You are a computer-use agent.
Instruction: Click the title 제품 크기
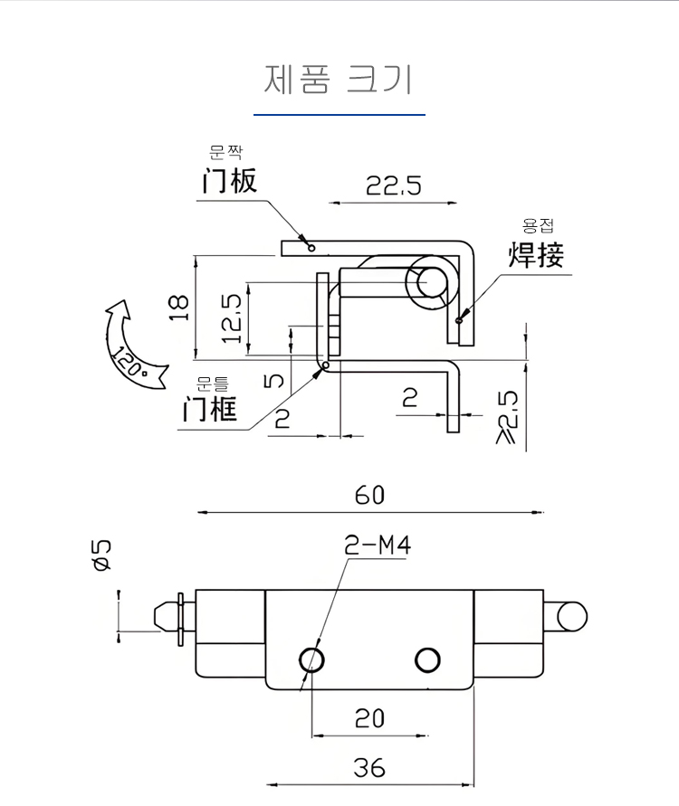tap(339, 80)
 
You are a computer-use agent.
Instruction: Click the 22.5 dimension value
tap(394, 186)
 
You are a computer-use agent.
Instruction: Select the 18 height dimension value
tap(178, 308)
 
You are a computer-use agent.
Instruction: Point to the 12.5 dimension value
tap(232, 318)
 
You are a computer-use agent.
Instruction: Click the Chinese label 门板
tap(229, 181)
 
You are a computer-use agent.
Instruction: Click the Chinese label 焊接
tap(536, 255)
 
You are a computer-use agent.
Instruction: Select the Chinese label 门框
tap(210, 409)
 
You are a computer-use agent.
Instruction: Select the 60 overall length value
tap(369, 496)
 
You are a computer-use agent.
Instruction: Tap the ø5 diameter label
tap(101, 555)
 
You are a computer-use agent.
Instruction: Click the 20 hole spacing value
tap(369, 718)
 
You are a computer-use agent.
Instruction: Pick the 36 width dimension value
tap(369, 769)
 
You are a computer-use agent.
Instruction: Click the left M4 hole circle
tap(312, 659)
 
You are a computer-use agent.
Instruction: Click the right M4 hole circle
tap(426, 660)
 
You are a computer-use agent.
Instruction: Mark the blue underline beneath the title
tap(339, 115)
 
